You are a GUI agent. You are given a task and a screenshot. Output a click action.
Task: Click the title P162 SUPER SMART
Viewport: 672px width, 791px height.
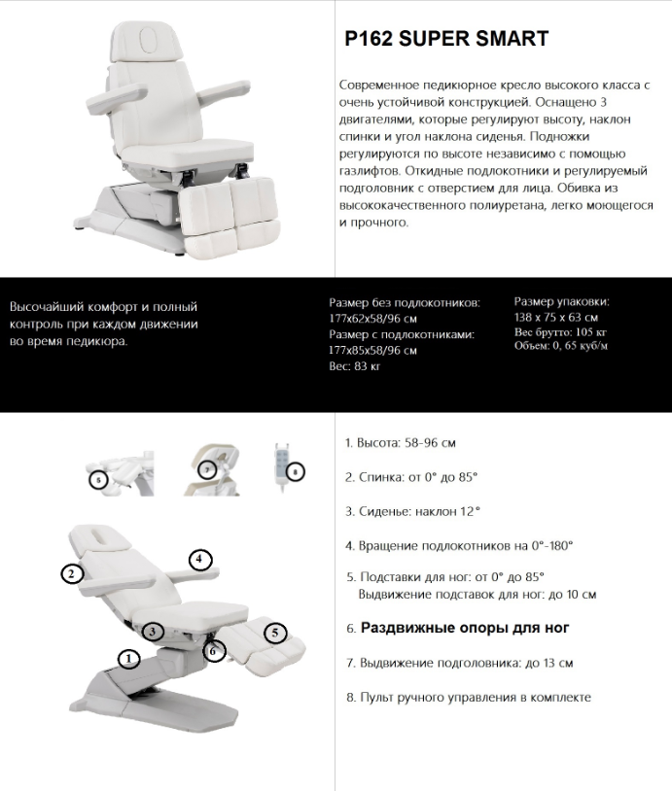coord(446,39)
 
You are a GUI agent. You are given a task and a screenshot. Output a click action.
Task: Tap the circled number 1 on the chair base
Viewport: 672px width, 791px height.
coord(128,659)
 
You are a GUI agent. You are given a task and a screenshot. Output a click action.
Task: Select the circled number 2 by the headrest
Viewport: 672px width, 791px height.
coord(70,573)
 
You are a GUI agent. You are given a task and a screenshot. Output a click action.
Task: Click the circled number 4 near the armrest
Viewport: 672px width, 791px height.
coord(199,559)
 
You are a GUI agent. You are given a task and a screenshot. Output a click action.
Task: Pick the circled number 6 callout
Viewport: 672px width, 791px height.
coord(214,650)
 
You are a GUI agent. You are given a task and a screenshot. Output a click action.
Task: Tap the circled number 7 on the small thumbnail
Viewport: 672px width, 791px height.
coord(206,469)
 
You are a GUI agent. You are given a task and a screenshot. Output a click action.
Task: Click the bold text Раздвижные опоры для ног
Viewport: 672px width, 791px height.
coord(464,628)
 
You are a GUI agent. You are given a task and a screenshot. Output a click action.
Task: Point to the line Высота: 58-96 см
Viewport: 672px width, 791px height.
coord(401,442)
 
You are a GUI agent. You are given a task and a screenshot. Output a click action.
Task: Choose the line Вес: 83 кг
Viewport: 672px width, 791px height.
coord(355,366)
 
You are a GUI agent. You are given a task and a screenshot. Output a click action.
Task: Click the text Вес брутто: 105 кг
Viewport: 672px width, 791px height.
coord(561,332)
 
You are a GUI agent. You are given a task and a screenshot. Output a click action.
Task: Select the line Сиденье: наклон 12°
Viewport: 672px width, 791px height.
coord(413,510)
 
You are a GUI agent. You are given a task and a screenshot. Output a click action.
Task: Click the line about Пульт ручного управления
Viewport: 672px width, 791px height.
coord(468,697)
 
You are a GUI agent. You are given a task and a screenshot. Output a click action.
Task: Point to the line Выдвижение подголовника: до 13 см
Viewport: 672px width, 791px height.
coord(459,663)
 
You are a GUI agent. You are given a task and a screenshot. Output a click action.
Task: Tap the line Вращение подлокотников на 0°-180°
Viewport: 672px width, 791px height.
coord(459,545)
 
